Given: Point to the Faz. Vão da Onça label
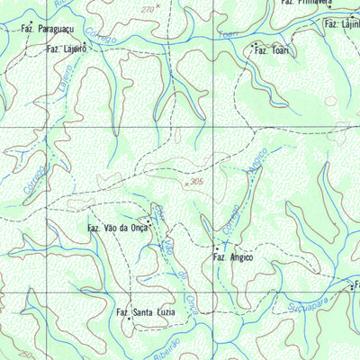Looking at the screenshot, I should pyautogui.click(x=118, y=229).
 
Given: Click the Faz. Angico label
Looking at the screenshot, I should pyautogui.click(x=232, y=257).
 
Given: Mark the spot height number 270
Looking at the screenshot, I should pyautogui.click(x=148, y=8).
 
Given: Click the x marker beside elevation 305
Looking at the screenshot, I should pyautogui.click(x=186, y=183).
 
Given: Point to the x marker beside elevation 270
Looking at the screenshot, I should pyautogui.click(x=159, y=5).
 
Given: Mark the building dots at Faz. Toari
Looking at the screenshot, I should pyautogui.click(x=256, y=43).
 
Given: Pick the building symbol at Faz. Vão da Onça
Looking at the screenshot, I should pyautogui.click(x=148, y=219).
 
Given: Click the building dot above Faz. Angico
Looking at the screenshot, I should pyautogui.click(x=215, y=247).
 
